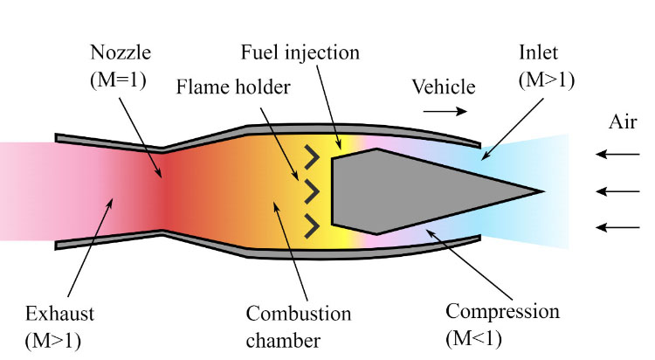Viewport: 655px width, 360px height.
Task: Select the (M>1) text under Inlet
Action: pos(547,80)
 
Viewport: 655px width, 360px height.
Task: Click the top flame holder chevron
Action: pos(310,156)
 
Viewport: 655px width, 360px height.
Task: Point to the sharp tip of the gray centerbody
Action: pos(541,190)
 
